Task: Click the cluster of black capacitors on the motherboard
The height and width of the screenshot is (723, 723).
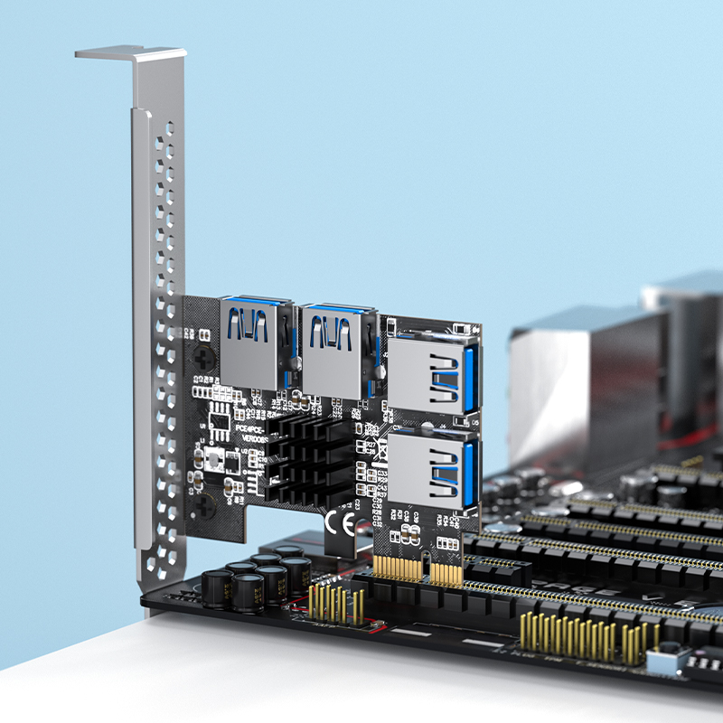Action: [257, 578]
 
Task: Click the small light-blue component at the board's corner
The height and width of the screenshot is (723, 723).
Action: [666, 664]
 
